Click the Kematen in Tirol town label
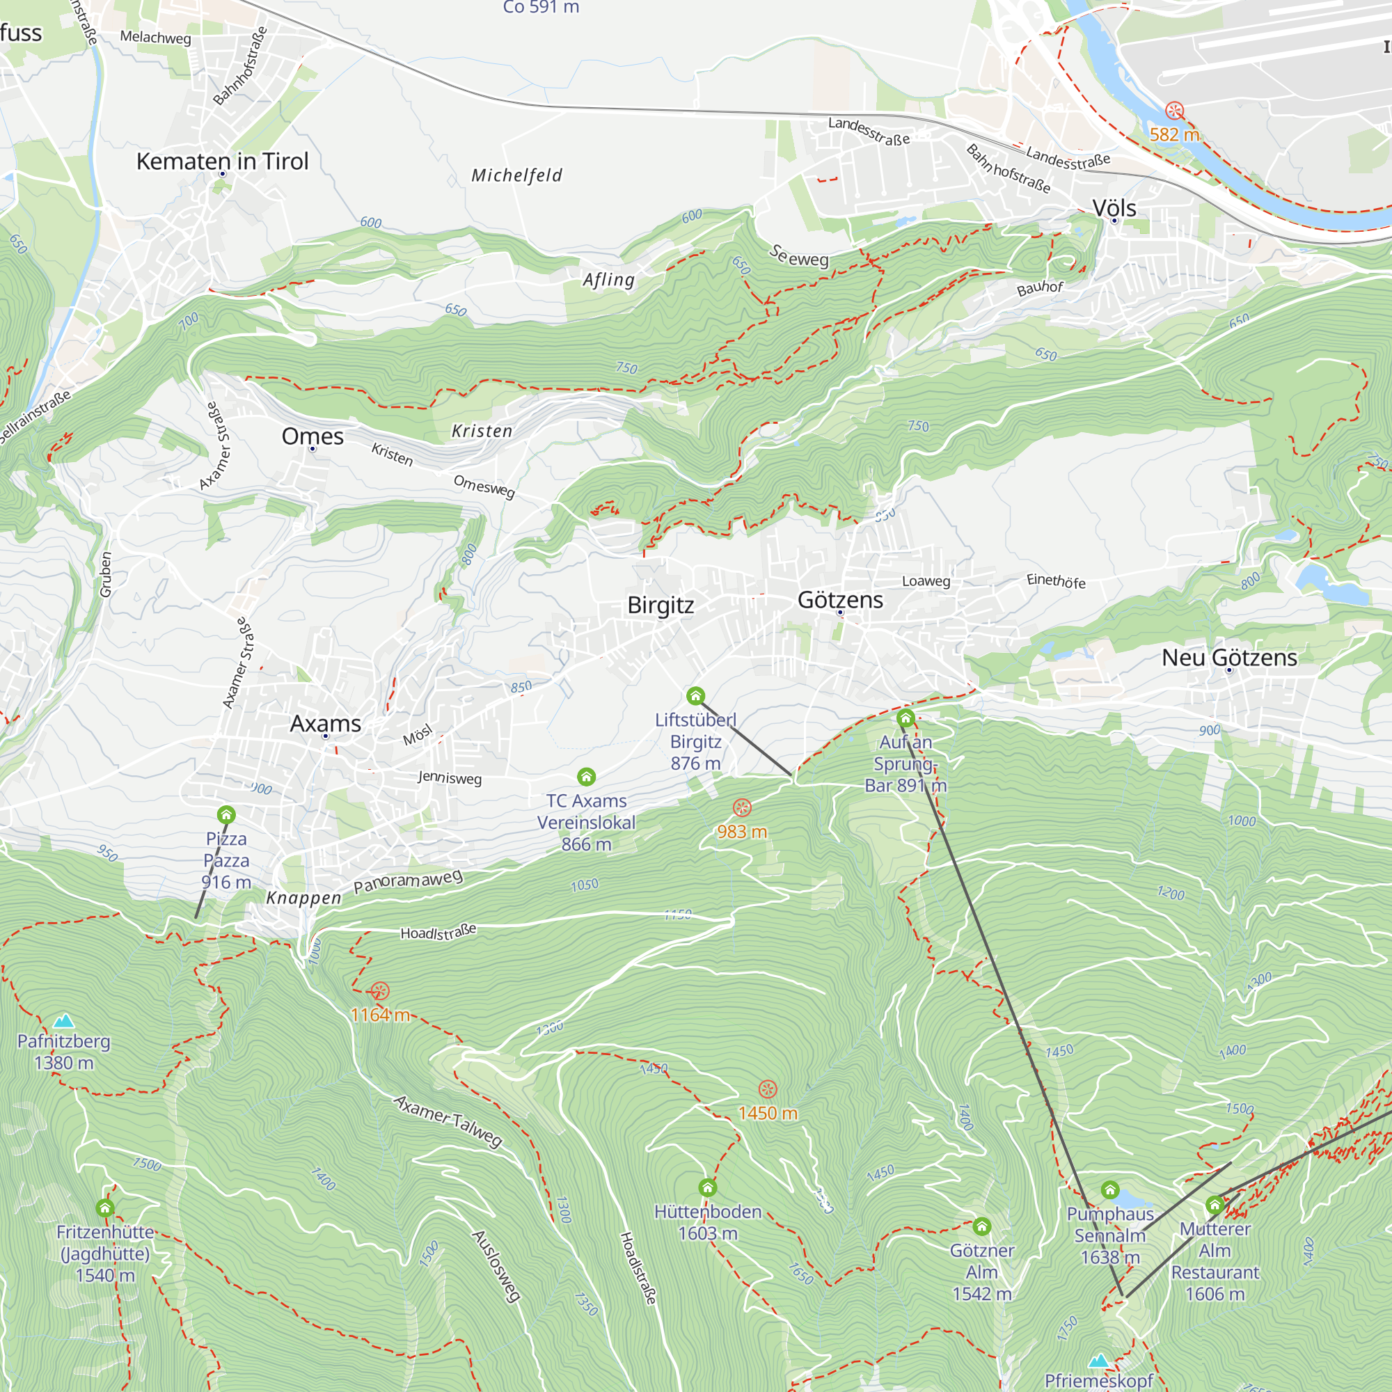222,161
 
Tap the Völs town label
1114,208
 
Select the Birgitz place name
660,606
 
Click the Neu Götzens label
1229,657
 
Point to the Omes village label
312,436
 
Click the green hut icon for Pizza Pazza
226,815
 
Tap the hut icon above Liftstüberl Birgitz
695,695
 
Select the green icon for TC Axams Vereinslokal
587,777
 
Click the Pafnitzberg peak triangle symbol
64,1020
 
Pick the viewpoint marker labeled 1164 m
380,991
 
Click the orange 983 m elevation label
741,832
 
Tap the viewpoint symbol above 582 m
1174,111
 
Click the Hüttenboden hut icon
708,1187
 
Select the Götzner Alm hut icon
981,1226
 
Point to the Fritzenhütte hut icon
105,1208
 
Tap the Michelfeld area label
516,175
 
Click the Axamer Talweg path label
448,1121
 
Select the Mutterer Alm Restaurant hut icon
1215,1204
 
